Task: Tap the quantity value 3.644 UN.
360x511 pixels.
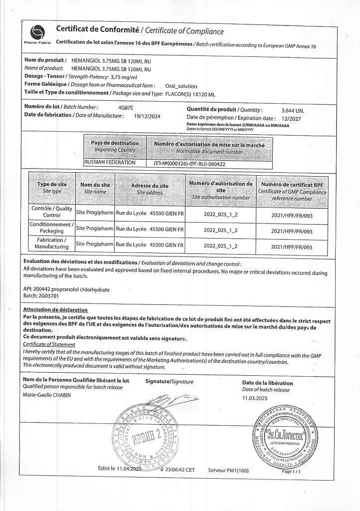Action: tap(293, 110)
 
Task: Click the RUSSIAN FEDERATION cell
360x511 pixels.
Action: tap(110, 163)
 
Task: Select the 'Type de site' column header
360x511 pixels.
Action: tap(52, 188)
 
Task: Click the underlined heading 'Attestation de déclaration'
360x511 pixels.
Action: tap(55, 310)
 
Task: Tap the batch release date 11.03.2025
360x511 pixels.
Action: tap(255, 398)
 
